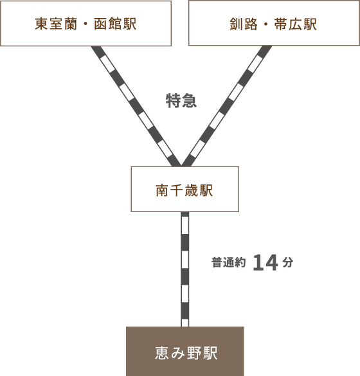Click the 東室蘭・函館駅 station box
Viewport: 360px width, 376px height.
pos(85,23)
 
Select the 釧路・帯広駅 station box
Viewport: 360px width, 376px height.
pos(274,23)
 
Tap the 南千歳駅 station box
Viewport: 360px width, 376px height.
pos(185,189)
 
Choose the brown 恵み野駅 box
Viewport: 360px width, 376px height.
pos(185,352)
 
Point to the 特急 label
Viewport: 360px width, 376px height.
pos(181,101)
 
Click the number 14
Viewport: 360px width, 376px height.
pos(265,263)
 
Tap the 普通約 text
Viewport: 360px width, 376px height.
pos(229,262)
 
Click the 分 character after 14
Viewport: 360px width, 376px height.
pos(288,262)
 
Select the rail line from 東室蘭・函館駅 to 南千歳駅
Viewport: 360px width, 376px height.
pos(136,106)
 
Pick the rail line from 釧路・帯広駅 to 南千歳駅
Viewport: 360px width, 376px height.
pos(227,106)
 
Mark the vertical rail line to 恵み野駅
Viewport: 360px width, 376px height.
pos(185,269)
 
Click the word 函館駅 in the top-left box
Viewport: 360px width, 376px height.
pos(115,24)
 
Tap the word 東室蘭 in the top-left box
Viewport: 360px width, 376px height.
pos(56,24)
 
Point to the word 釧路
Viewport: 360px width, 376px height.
pos(244,24)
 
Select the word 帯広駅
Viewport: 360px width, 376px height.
pos(296,24)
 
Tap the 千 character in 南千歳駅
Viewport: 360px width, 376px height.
pos(177,191)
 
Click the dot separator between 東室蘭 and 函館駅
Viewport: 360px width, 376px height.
pos(85,24)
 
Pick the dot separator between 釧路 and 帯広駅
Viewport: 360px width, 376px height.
pos(266,24)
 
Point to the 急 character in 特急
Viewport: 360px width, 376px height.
pos(189,101)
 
